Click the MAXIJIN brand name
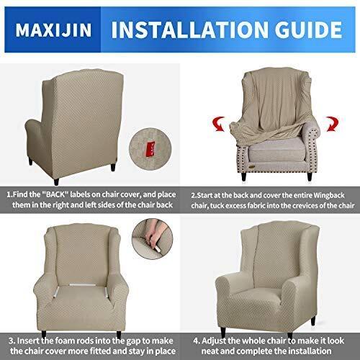point(53,30)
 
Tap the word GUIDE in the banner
point(308,30)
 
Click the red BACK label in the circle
point(150,149)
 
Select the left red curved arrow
point(219,124)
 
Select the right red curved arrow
point(332,124)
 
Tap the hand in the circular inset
point(151,237)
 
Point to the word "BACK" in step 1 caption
point(55,194)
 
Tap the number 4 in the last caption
point(196,341)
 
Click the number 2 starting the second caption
point(193,195)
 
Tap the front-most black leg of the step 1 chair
point(56,181)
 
